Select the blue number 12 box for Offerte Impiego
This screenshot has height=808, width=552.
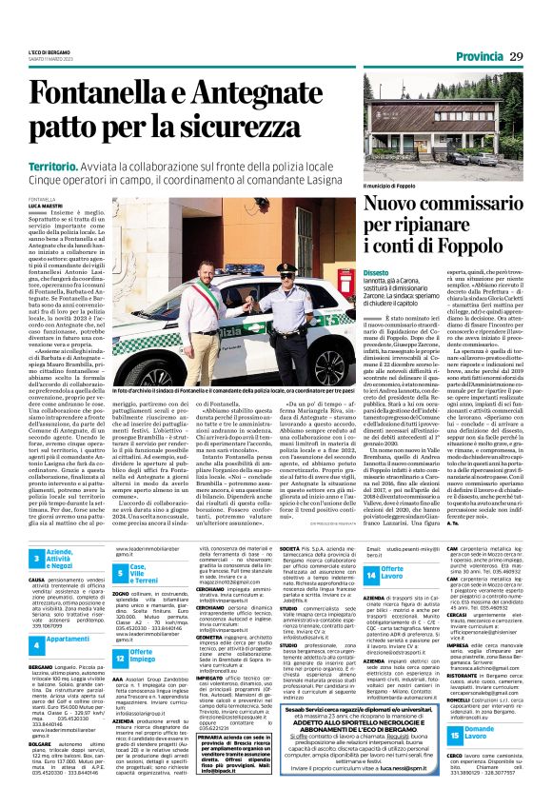click(121, 631)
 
